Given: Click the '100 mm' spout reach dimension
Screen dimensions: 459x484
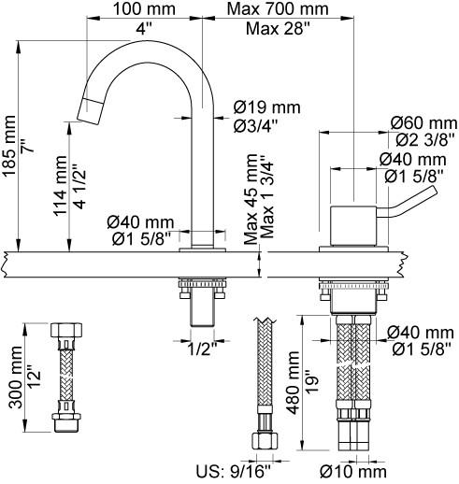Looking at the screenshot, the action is coord(144,9).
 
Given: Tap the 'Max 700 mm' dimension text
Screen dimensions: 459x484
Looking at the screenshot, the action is coord(278,9).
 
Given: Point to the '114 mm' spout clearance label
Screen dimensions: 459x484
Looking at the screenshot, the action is coord(60,186).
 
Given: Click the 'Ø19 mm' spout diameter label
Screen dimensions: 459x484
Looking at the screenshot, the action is coord(267,107).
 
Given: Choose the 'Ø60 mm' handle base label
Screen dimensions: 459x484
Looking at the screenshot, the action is coord(424,123).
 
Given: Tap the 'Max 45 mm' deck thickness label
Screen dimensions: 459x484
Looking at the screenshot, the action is coord(251,199).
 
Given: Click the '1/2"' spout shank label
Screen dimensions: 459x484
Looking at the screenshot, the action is coord(202,349).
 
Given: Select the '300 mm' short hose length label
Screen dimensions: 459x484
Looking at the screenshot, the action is coord(16,377).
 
